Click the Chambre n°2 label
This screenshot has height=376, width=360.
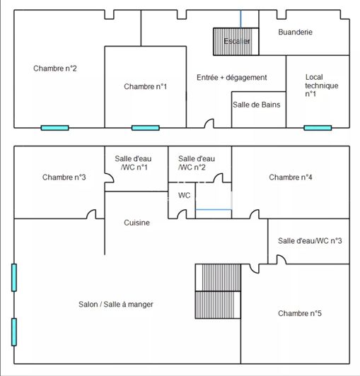tap(54, 69)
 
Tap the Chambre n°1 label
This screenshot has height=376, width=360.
tap(145, 86)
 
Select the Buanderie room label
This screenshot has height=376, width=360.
tap(295, 32)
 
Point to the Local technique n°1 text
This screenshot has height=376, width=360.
tap(321, 86)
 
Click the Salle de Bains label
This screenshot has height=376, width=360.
tap(256, 105)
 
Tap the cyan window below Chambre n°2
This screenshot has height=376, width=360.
tap(54, 128)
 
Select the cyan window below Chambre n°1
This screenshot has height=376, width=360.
tap(145, 128)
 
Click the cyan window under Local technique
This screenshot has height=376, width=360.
tap(318, 128)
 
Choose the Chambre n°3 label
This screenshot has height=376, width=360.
tap(64, 177)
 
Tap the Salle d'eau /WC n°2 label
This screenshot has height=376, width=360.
tap(197, 163)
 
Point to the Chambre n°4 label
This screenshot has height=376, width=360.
tap(291, 177)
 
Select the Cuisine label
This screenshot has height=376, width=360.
tap(137, 223)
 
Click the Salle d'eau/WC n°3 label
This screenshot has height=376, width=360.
tap(310, 241)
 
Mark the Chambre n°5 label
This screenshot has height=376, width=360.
tap(300, 313)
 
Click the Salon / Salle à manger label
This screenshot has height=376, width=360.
tap(116, 304)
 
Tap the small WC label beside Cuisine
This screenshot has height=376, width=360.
tap(184, 195)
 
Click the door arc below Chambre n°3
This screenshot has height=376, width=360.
tap(91, 214)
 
